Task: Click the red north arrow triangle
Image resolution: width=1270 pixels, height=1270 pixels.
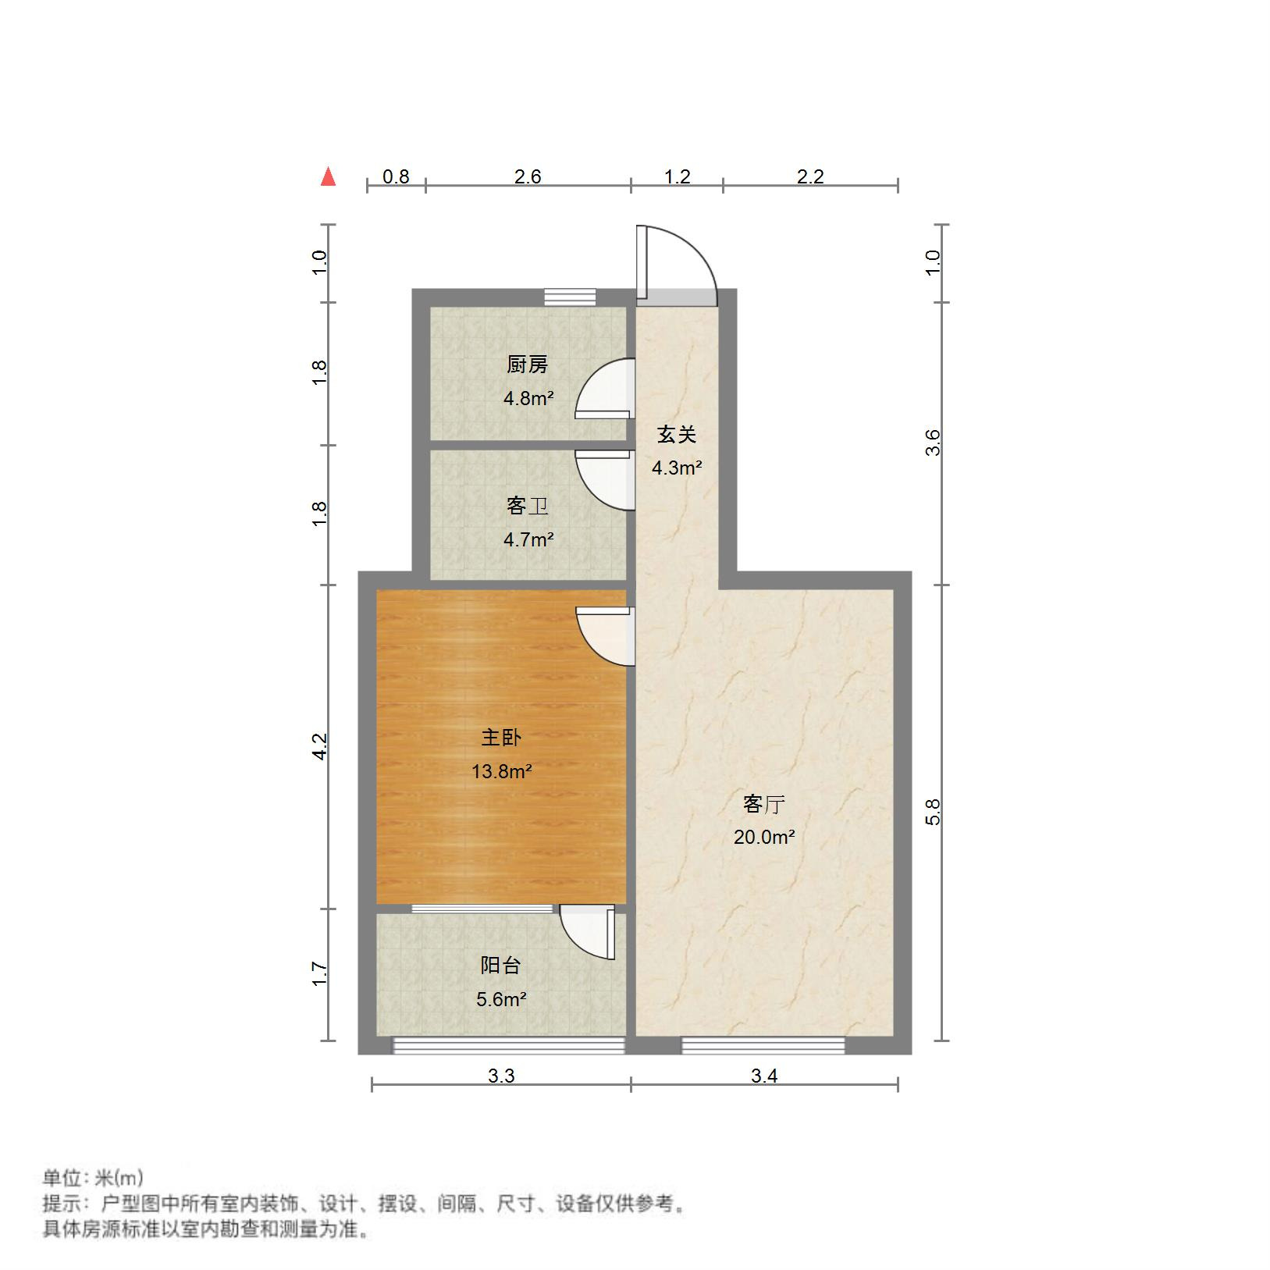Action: [x=329, y=177]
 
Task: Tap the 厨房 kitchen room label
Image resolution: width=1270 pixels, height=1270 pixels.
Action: [x=528, y=365]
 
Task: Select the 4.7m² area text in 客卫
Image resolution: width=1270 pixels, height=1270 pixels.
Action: [x=528, y=539]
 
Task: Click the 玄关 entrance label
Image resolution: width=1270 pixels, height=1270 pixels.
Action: [x=676, y=435]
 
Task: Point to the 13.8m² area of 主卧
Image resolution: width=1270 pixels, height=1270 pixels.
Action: [x=501, y=772]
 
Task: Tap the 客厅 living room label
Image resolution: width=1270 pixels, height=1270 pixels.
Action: [x=763, y=804]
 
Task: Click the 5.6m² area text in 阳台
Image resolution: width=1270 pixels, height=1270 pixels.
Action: [x=500, y=999]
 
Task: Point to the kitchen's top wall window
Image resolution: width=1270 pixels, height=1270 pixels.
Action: [x=570, y=297]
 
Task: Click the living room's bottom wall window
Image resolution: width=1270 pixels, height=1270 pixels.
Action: [x=763, y=1045]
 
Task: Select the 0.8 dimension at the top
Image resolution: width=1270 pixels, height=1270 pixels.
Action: [x=396, y=177]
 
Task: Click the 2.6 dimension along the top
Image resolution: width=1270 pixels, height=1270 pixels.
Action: [x=528, y=177]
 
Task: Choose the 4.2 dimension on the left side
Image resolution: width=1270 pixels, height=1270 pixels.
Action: [x=319, y=746]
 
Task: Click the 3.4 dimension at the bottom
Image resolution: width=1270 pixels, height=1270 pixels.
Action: [x=764, y=1076]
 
